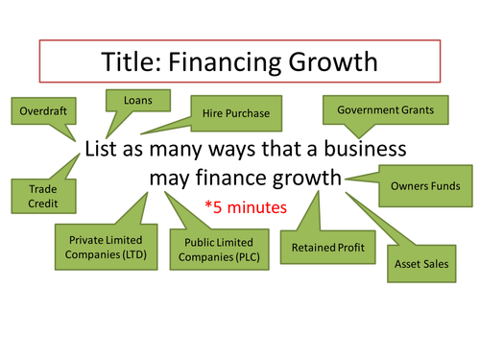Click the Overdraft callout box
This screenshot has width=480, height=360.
[44, 110]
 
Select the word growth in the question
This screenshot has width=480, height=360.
[309, 178]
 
